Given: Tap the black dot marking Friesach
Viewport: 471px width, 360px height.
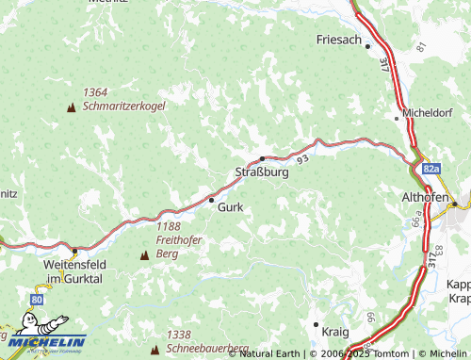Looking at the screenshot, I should [368, 45].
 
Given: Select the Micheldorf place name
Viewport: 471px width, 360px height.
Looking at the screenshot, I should [430, 113].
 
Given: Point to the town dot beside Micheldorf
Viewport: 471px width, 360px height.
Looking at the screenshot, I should [397, 118].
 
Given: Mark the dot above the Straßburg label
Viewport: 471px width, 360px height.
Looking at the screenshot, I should [262, 159].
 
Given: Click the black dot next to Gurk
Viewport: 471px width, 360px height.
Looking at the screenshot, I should [211, 200].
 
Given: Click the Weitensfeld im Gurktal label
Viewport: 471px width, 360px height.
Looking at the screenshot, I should [79, 271].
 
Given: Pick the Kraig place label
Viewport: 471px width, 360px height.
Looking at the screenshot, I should [334, 333].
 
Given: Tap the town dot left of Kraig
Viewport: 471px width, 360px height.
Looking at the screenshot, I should [316, 324].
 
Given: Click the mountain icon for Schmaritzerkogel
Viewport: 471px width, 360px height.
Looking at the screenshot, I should [71, 107].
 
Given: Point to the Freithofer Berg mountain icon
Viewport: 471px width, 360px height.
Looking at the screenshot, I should [144, 255].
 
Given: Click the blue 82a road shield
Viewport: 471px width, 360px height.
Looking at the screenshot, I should [431, 169].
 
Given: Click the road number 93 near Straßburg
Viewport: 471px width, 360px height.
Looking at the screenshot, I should [301, 161].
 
